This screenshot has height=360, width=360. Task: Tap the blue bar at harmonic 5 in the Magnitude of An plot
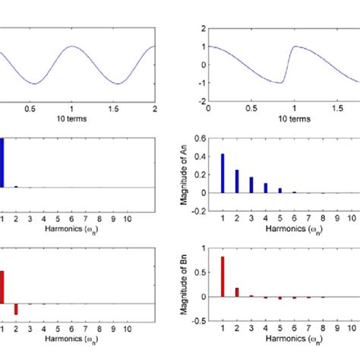point(279,190)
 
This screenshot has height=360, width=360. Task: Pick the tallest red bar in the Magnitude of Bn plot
point(222,276)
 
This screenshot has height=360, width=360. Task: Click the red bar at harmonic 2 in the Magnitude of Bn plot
point(236,292)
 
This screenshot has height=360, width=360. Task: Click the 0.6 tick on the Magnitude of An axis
point(200,138)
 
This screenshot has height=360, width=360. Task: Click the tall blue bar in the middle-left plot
point(2,163)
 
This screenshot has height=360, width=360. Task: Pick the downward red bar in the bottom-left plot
point(15,308)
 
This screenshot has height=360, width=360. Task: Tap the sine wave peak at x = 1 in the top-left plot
point(71,46)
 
